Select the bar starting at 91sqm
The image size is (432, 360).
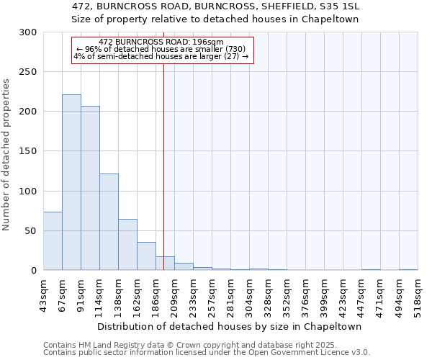click(90, 188)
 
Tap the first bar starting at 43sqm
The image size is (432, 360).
click(53, 240)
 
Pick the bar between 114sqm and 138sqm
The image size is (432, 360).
click(109, 222)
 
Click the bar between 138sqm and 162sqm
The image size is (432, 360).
click(127, 245)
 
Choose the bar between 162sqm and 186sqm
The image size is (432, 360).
click(146, 256)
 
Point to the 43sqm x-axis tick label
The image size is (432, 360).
click(44, 293)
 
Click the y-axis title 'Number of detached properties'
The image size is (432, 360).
click(6, 155)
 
